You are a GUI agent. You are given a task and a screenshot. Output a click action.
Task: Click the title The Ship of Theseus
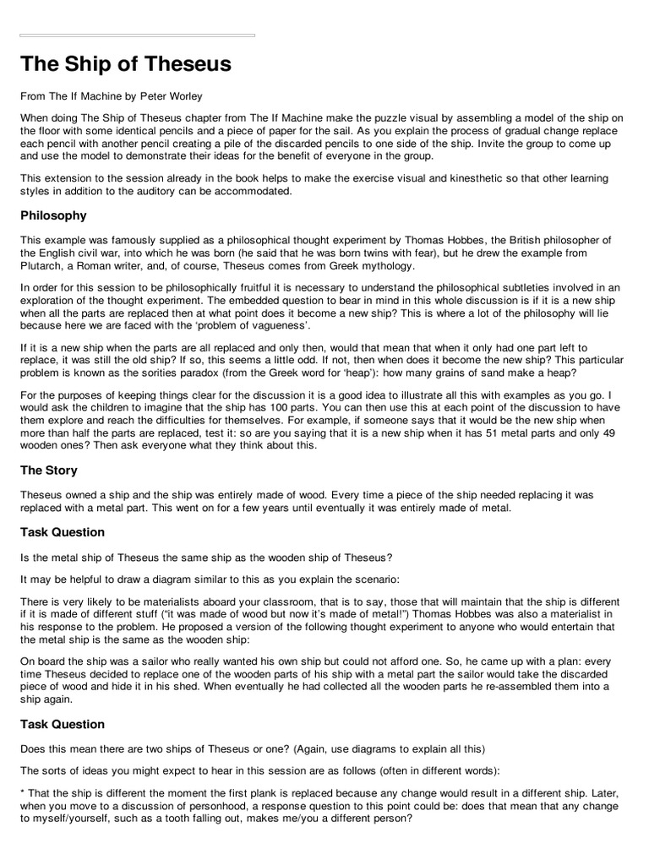coord(125,65)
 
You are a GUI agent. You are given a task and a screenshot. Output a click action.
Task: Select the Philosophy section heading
coord(53,215)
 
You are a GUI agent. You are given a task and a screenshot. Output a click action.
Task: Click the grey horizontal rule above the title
coord(137,35)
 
